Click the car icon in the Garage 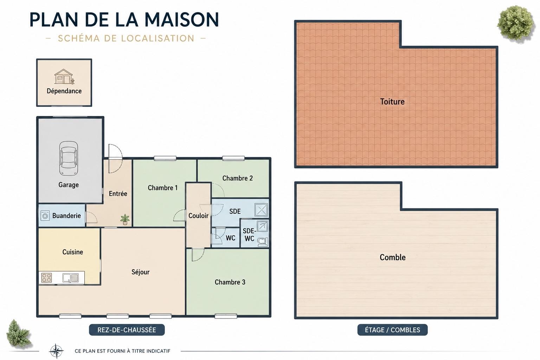point(69,158)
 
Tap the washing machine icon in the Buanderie point(45,215)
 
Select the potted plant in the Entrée point(125,219)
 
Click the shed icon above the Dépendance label point(64,77)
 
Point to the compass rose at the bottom point(56,351)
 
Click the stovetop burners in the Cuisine point(46,277)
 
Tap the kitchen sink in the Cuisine point(70,278)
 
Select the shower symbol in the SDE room point(261,210)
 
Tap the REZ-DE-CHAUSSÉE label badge point(127,330)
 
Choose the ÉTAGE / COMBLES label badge point(392,330)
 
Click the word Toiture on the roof point(392,102)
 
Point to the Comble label point(392,257)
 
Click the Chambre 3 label point(230,282)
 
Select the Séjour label point(141,272)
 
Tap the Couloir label point(198,216)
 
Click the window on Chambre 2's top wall point(233,158)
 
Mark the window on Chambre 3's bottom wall point(226,316)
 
